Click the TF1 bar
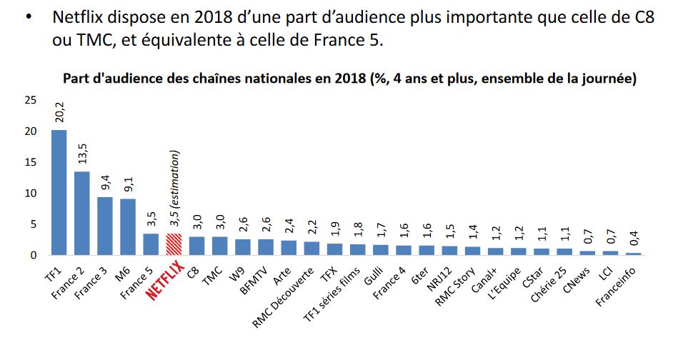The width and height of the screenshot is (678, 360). [x=59, y=192]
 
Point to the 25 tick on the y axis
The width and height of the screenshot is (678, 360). [x=30, y=100]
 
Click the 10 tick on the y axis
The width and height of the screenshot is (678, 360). [x=30, y=193]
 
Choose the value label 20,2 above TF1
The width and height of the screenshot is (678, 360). [x=59, y=111]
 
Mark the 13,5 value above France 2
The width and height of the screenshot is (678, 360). [x=81, y=154]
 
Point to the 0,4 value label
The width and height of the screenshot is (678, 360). [x=634, y=236]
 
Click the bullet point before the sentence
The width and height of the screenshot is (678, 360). [x=29, y=19]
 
